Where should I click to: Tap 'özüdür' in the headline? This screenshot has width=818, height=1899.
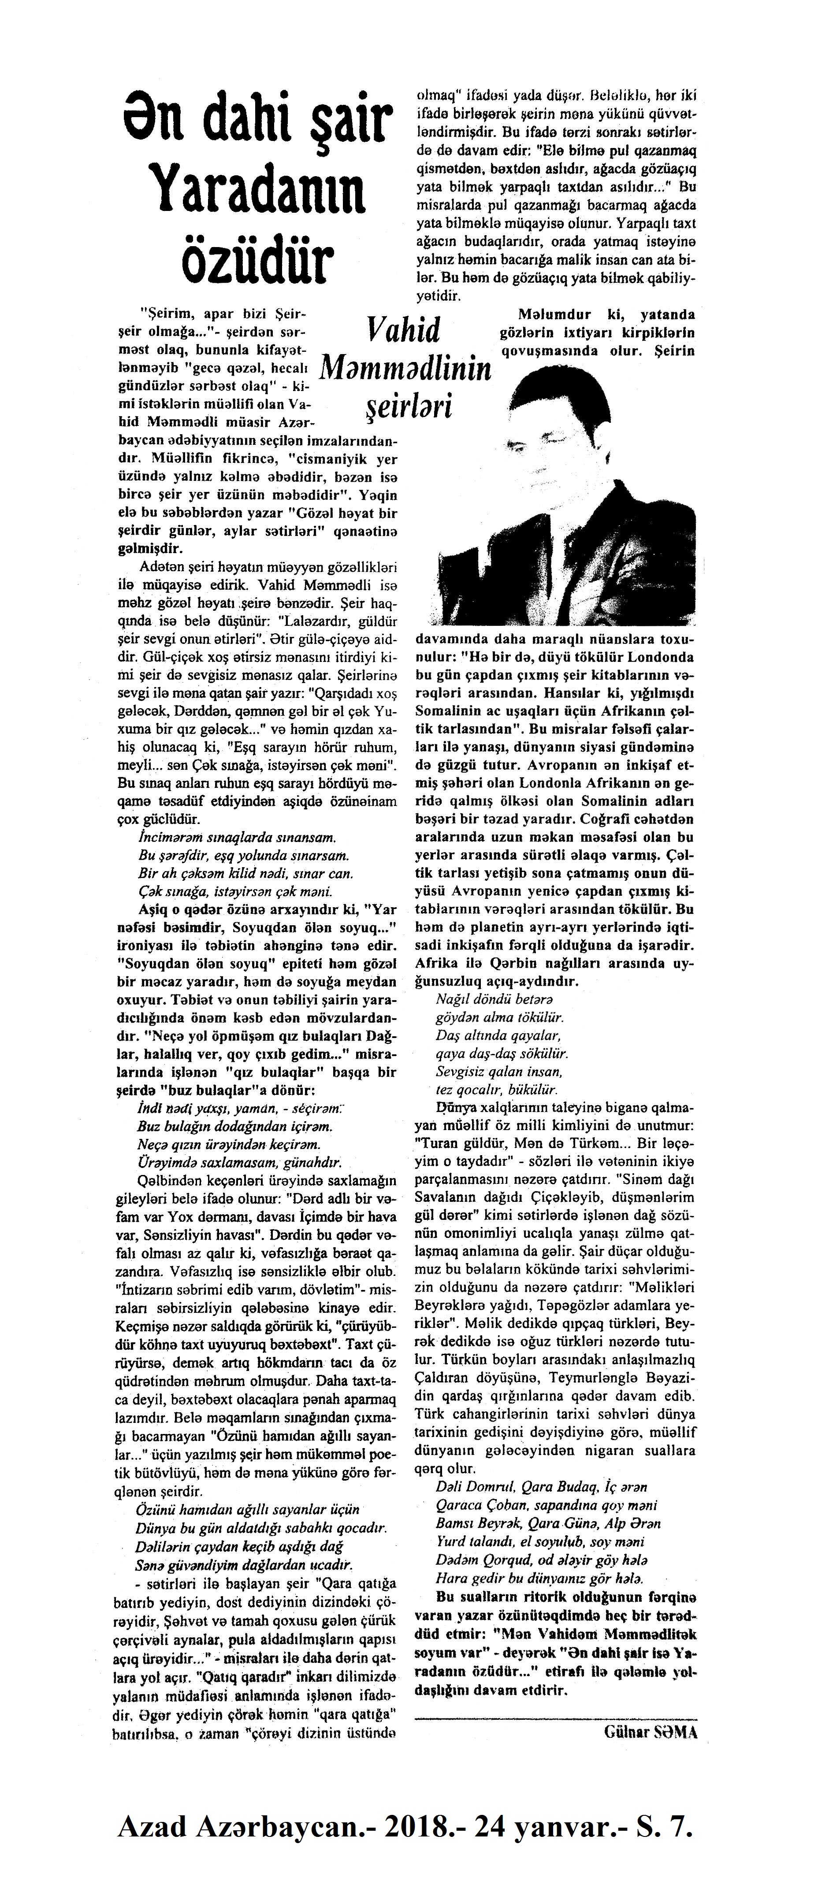[x=256, y=263]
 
